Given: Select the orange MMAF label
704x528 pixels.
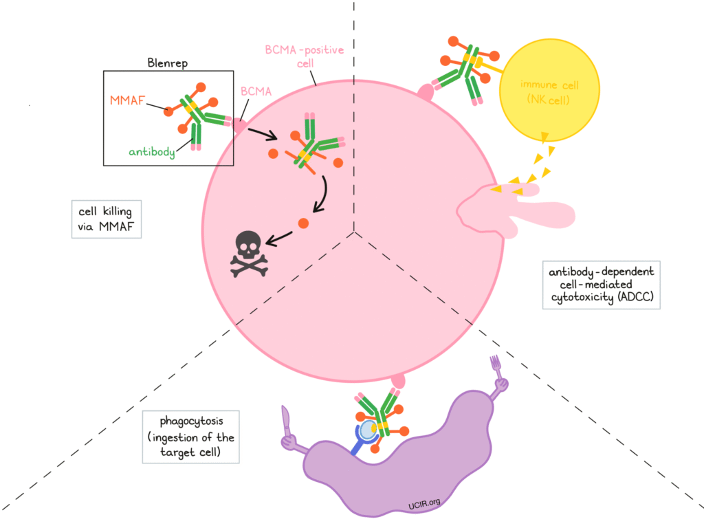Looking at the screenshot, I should click(126, 101).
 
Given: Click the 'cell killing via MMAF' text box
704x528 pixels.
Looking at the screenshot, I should click(107, 219).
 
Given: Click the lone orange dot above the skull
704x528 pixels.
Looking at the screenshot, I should click(302, 223).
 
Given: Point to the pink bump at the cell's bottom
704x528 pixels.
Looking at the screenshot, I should click(397, 379).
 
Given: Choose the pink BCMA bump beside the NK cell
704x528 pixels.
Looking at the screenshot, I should click(426, 91).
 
